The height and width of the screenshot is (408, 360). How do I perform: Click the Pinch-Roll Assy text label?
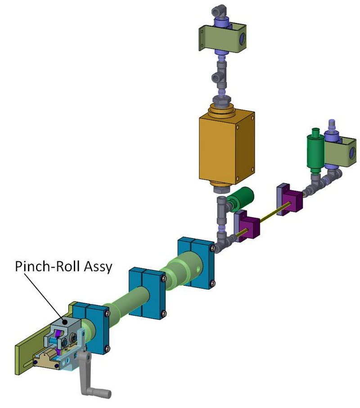(x=63, y=266)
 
